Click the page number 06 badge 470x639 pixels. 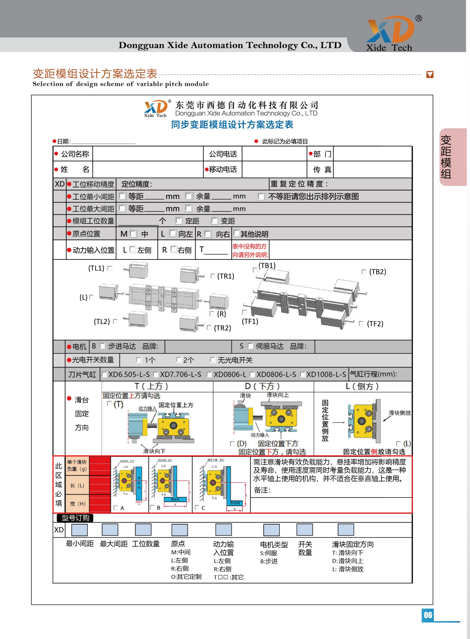coord(428,615)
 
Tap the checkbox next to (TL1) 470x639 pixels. coord(110,268)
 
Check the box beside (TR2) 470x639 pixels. coord(209,327)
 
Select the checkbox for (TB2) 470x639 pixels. coord(364,272)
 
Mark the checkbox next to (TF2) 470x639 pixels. coord(361,324)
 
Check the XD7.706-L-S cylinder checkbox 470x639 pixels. coord(156,374)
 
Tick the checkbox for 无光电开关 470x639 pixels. coord(213,360)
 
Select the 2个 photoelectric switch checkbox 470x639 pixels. coord(179,360)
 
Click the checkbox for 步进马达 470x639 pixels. coord(103,346)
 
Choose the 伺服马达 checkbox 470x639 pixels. coord(250,346)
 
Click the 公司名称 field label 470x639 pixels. coord(75,154)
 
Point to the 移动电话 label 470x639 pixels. coord(223,169)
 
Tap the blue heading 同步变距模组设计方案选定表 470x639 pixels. coord(232,125)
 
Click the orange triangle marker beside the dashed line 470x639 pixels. coord(430,75)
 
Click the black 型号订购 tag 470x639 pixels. coord(75,518)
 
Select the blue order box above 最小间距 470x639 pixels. coord(79,530)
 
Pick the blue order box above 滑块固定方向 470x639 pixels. coord(346,530)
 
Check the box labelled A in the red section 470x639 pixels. coord(116,507)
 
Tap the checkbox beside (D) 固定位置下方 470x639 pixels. coord(232,444)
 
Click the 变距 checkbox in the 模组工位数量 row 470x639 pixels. coord(214,221)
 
